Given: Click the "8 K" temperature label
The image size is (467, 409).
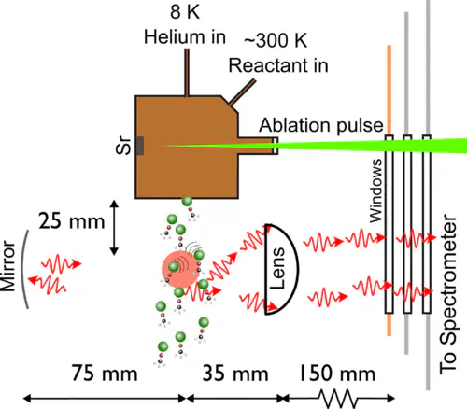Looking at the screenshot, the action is [185, 12].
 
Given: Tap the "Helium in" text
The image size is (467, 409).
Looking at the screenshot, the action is [185, 36].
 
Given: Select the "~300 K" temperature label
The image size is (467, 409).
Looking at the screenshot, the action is [276, 40].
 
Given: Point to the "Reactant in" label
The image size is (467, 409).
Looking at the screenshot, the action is [278, 65].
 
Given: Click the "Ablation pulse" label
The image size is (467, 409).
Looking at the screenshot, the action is [321, 125].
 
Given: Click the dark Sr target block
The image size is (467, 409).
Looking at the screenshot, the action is [140, 146].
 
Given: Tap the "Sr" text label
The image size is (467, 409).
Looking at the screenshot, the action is [123, 145].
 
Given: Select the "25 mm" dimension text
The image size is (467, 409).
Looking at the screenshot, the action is [71, 221].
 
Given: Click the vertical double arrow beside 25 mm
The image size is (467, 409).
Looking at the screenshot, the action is [114, 228].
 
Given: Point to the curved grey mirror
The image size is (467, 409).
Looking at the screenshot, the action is [22, 269].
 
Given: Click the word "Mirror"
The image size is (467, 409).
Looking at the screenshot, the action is [7, 266].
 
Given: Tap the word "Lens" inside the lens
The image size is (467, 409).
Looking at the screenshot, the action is [277, 268].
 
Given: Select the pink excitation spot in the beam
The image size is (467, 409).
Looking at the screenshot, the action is [180, 269].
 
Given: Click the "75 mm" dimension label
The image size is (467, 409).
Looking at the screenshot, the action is [105, 373].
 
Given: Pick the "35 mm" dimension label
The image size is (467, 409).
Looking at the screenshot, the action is [235, 374].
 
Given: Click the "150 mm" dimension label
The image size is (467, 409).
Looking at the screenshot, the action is [337, 374].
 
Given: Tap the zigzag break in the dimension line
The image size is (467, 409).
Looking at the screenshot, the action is [338, 398].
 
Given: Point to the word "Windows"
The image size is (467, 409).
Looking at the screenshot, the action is [375, 190].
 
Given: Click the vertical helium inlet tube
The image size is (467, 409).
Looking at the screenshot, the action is [187, 73].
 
